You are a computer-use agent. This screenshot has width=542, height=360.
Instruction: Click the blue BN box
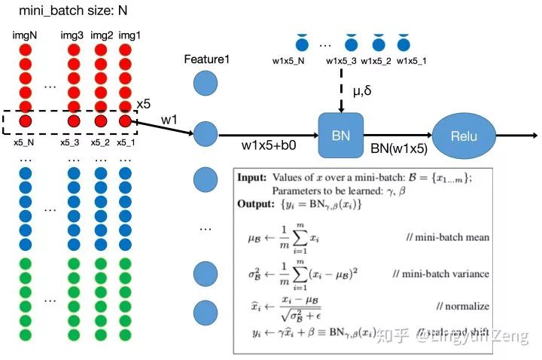pos(341,136)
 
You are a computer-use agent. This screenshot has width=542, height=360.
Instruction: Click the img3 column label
pos(72,35)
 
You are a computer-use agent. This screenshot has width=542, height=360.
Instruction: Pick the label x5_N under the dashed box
pos(25,141)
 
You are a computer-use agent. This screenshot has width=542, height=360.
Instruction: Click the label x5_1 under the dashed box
pos(125,141)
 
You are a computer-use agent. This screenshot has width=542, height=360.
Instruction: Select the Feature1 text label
pos(206,59)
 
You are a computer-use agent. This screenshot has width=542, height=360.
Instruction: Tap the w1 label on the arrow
pos(169,120)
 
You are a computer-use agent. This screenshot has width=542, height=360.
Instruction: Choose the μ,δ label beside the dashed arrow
pos(364,91)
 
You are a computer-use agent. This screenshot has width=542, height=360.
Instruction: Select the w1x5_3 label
pos(341,61)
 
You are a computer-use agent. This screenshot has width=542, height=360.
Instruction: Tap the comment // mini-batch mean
pos(448,237)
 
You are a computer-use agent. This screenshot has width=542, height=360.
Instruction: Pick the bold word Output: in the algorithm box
pos(255,203)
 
